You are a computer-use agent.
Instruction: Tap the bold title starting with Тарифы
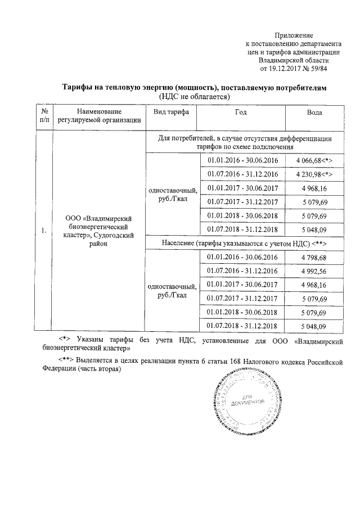click(x=193, y=88)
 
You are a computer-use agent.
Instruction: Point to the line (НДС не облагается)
click(x=193, y=97)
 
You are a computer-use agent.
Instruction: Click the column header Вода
click(x=314, y=112)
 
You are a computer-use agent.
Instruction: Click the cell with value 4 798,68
click(x=314, y=257)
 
